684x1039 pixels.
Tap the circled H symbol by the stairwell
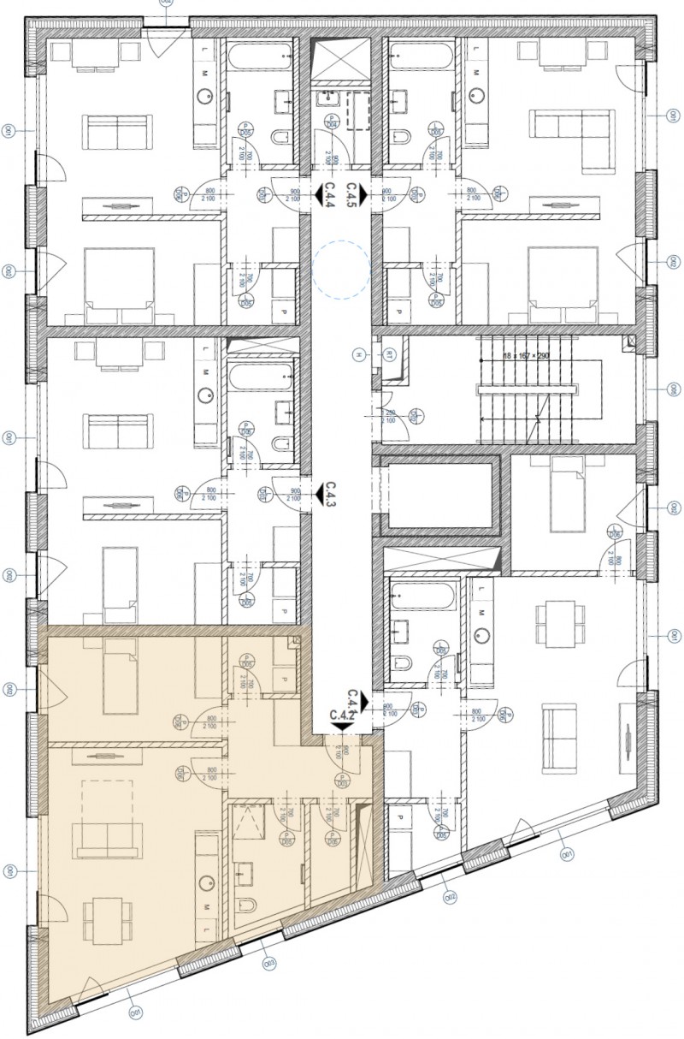[360, 353]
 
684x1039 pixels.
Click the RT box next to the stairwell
[386, 353]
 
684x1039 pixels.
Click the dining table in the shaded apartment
[107, 920]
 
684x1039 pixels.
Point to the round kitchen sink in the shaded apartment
[205, 882]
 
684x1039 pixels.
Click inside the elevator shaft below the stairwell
[440, 496]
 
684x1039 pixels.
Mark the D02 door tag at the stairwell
[411, 417]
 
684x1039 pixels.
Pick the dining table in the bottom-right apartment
[554, 622]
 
